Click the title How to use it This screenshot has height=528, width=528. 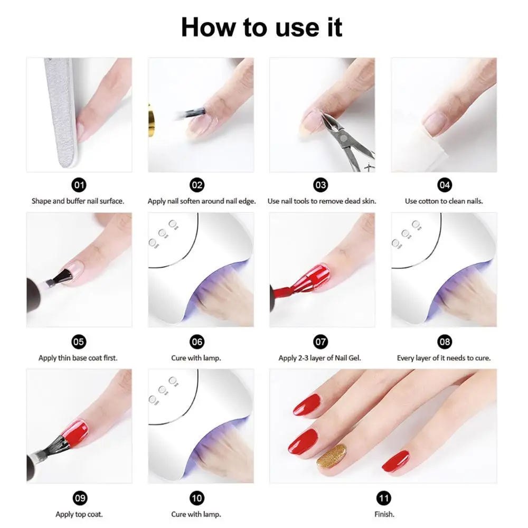pos(262,27)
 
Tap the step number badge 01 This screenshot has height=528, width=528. pos(79,185)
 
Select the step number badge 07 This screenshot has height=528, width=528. pos(320,342)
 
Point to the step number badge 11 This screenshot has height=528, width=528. pos(383,498)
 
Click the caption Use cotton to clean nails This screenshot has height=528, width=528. pos(444,201)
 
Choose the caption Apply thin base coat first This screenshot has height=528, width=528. pos(78,358)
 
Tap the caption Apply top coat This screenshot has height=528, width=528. pos(79,514)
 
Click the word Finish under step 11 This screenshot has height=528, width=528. pos(384,514)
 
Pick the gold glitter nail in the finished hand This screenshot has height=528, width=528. pos(332,456)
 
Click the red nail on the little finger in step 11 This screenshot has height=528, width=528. pos(396,460)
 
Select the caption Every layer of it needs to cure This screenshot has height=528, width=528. pos(444,358)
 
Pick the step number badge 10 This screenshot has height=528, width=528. pos(197,498)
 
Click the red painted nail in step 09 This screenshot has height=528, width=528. pos(75,433)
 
